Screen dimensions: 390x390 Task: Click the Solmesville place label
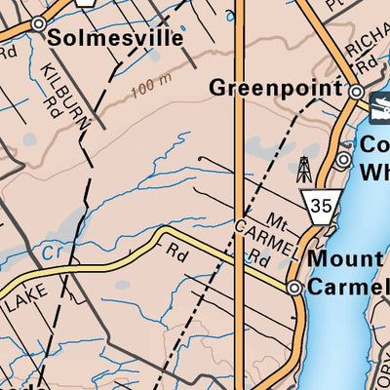coord(115,40)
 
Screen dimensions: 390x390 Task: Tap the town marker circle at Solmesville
coord(39,23)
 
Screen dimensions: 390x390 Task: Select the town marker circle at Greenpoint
coord(357,92)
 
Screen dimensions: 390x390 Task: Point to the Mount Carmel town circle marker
coord(294,288)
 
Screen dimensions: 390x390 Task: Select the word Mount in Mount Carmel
coord(344,260)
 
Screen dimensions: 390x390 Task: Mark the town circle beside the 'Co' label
coord(342,159)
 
